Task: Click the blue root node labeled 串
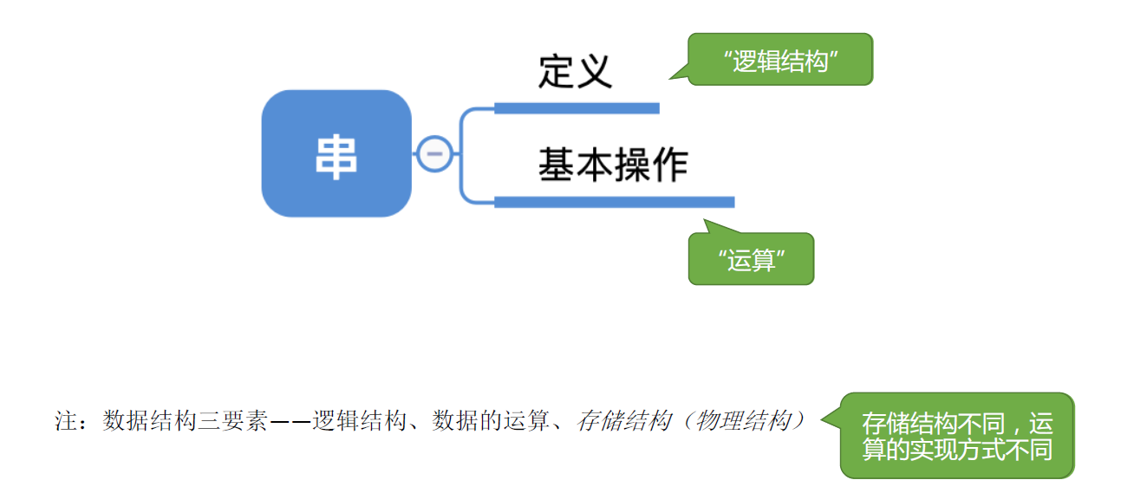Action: [x=336, y=153]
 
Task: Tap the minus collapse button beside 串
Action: [x=434, y=154]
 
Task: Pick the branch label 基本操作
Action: [x=613, y=165]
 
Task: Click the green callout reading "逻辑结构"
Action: [x=780, y=60]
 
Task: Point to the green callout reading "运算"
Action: [x=751, y=259]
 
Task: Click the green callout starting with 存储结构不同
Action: [x=957, y=436]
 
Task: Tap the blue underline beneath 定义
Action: [x=577, y=108]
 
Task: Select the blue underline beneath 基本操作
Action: [x=614, y=202]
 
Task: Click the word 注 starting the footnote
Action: [x=67, y=422]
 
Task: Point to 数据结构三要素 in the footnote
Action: [x=185, y=422]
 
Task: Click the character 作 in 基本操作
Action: [x=670, y=165]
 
